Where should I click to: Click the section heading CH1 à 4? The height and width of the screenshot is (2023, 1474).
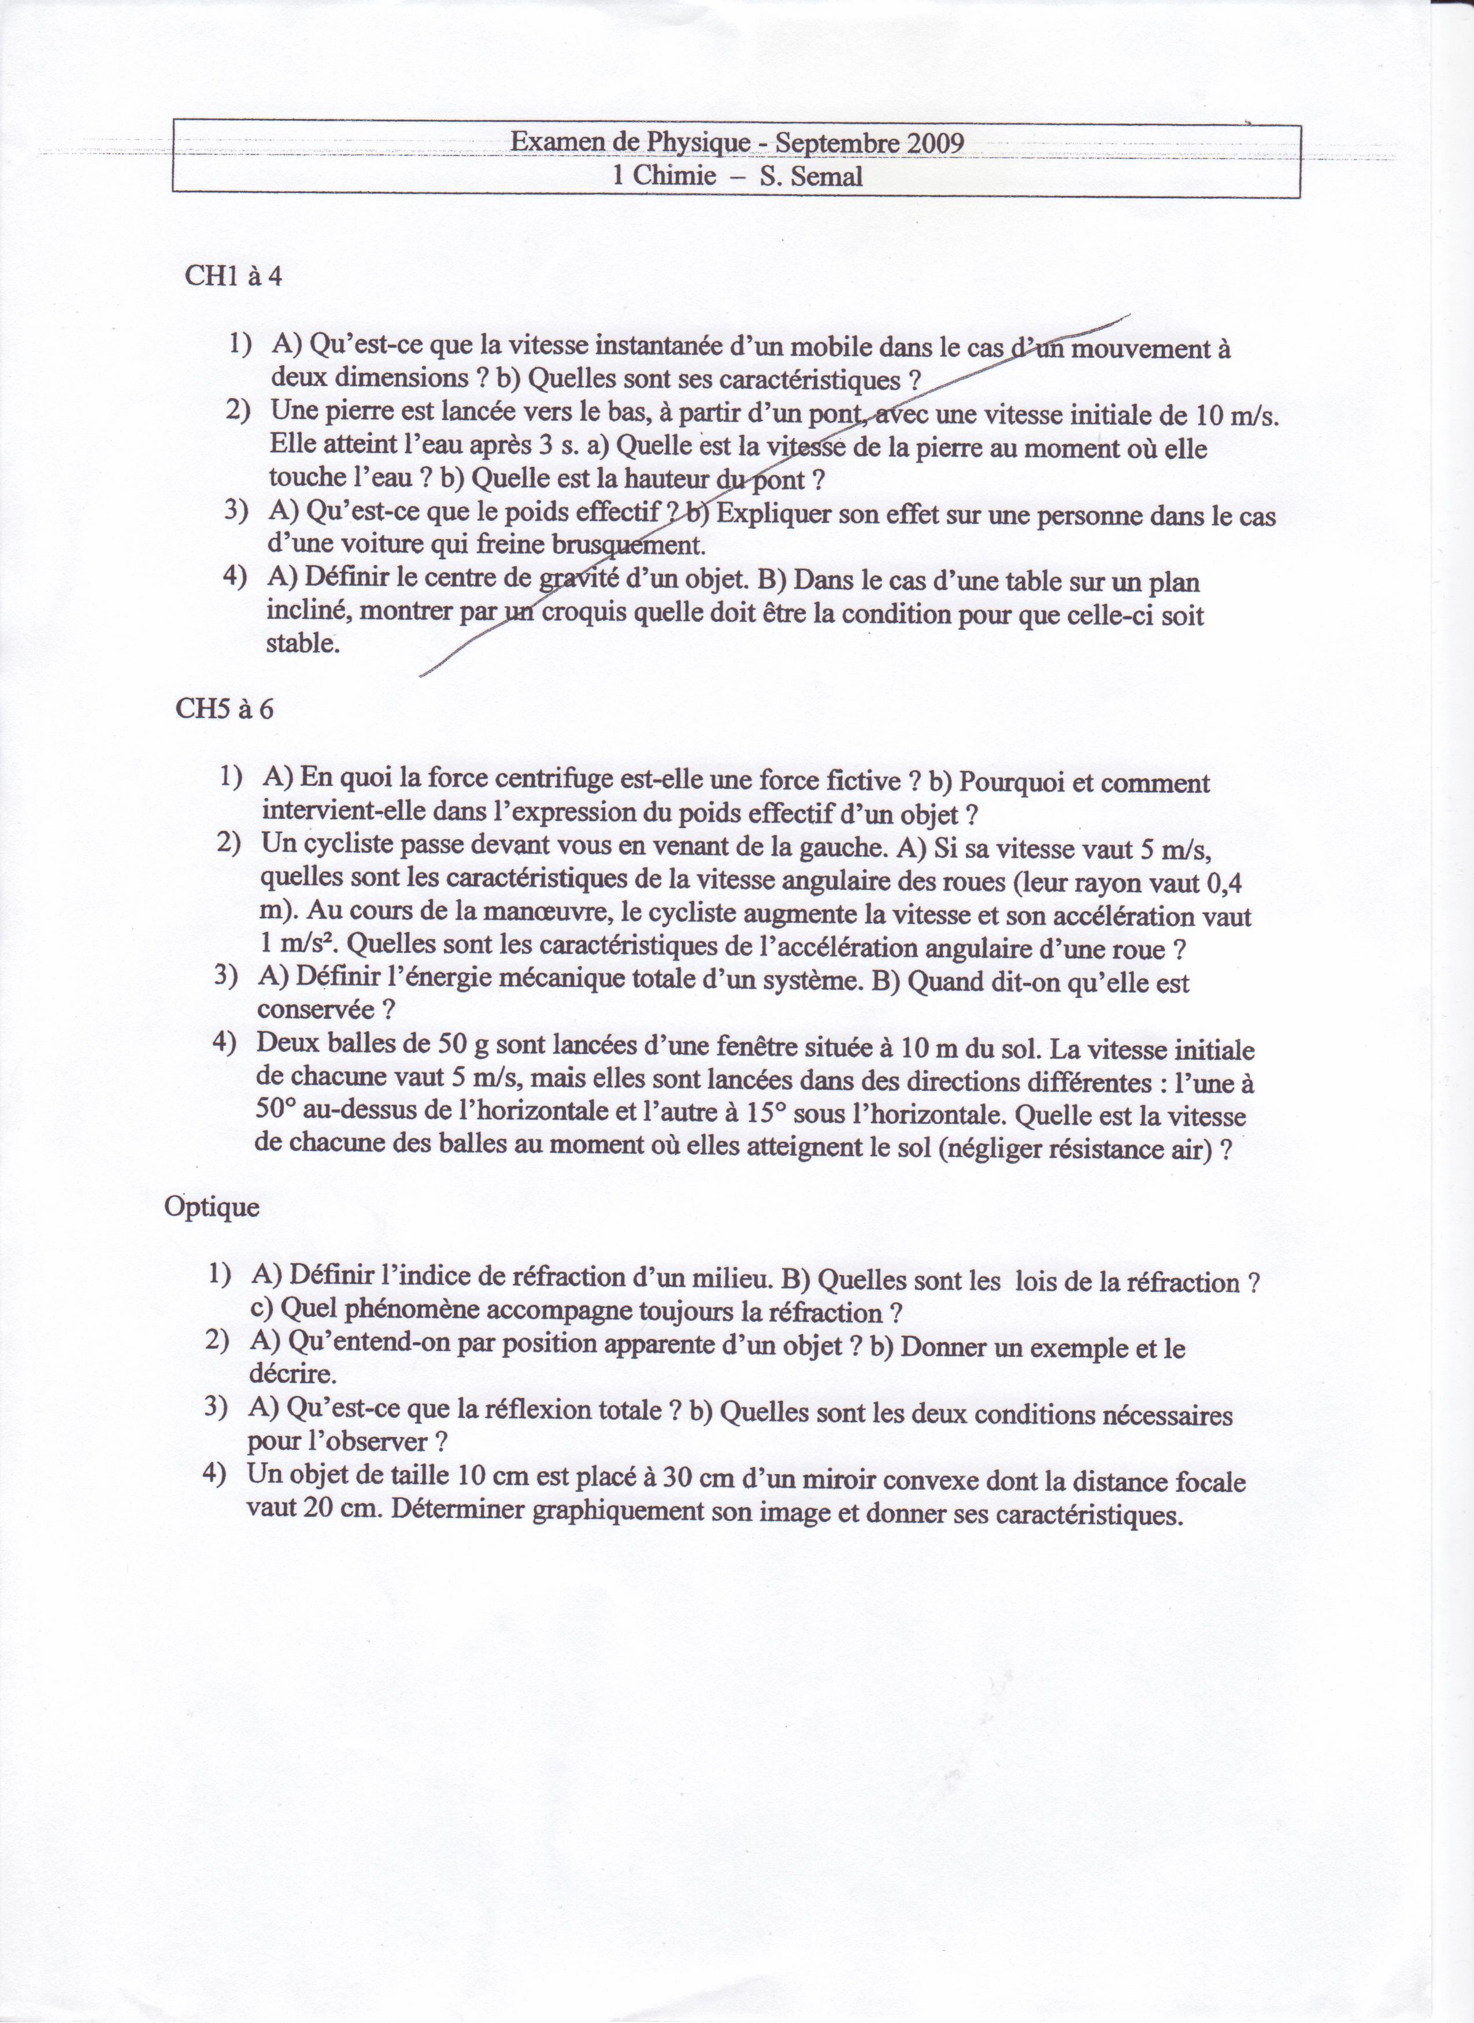click(233, 277)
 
